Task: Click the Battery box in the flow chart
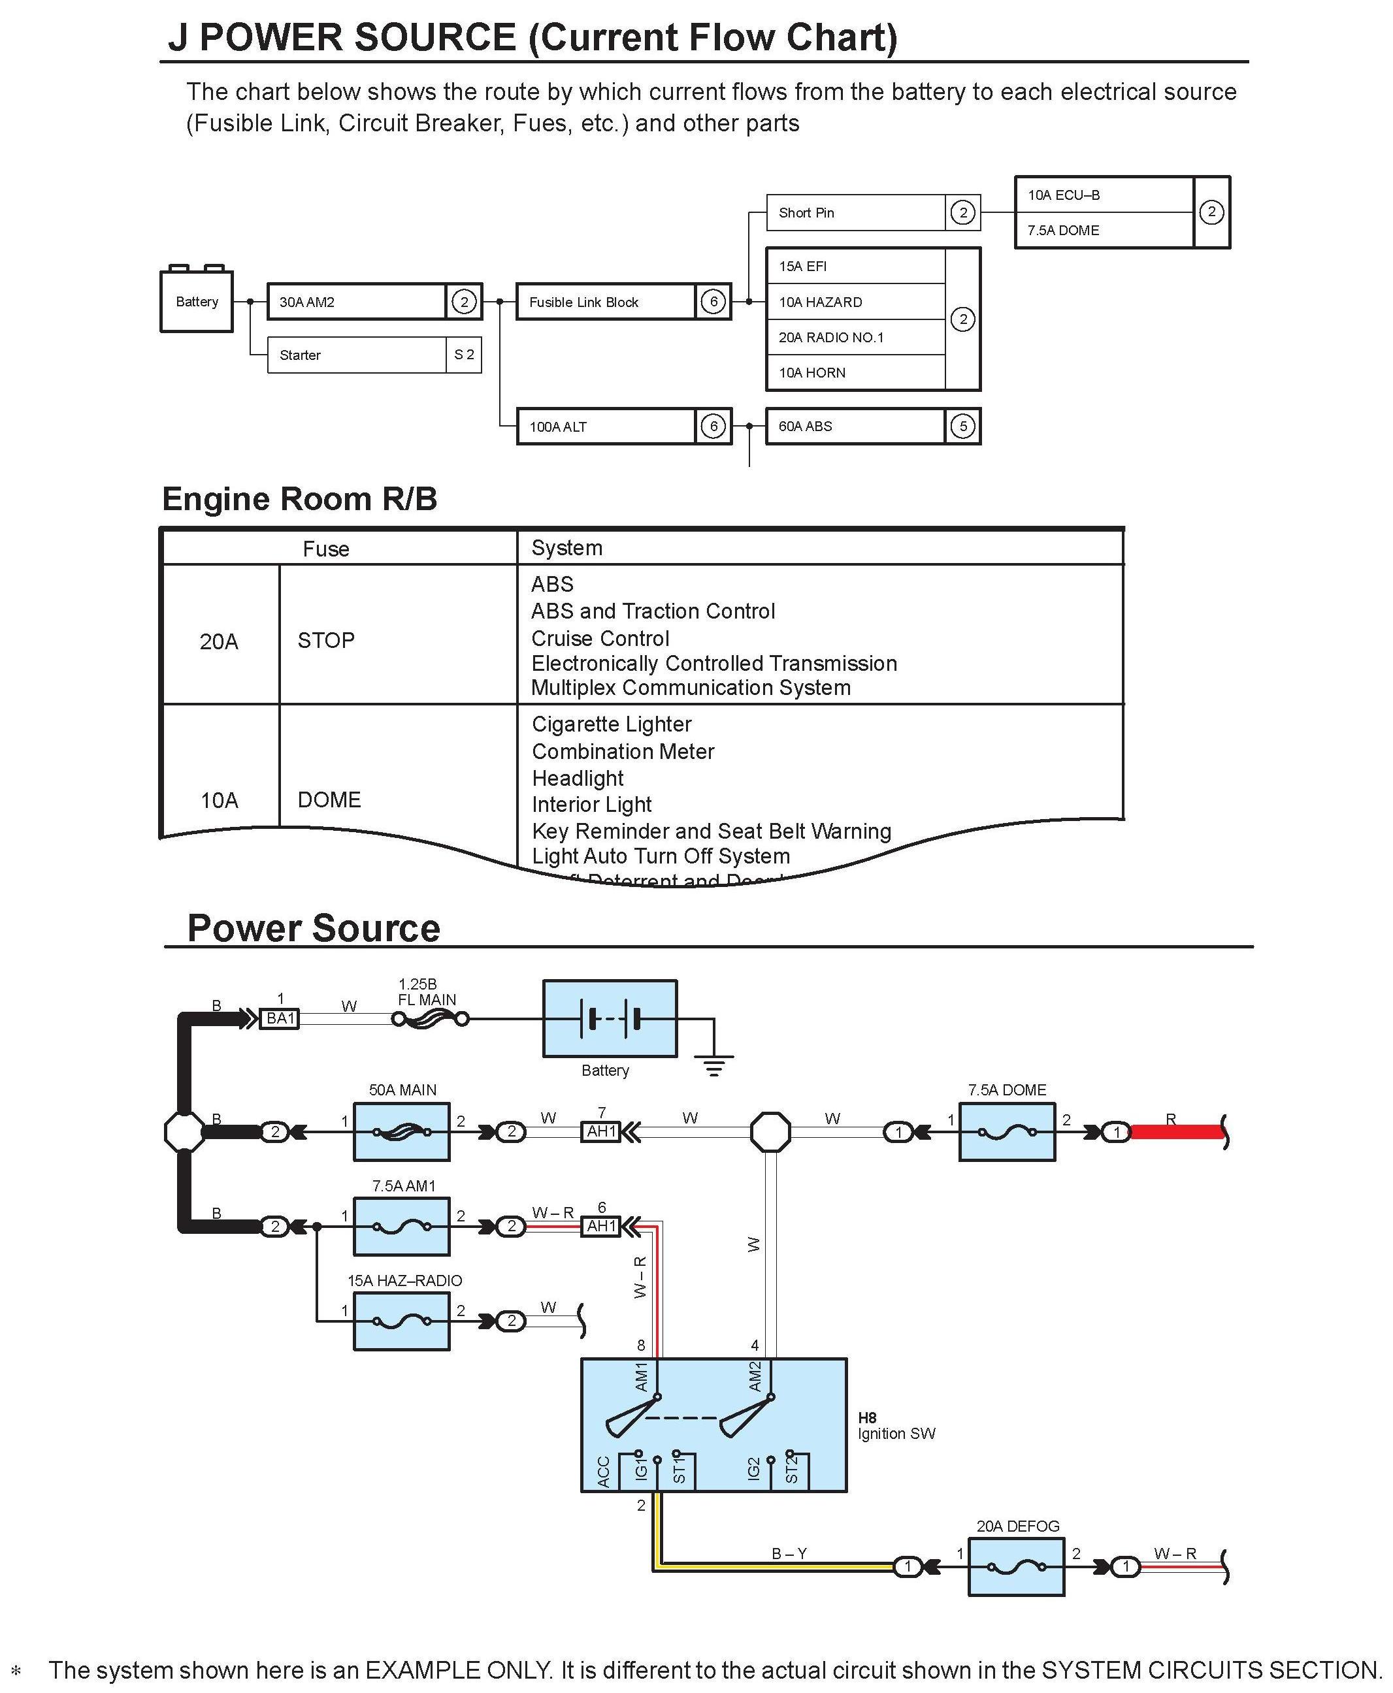(197, 302)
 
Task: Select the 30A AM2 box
(357, 302)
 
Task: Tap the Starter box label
(300, 355)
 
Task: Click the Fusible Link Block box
(606, 302)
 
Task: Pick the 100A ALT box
(606, 427)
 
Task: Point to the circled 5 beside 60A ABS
(963, 427)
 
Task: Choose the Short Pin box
(855, 212)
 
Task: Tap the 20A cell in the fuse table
(219, 641)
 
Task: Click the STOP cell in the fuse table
(326, 641)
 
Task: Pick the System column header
(566, 548)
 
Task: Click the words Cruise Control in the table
(600, 638)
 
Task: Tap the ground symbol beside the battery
(714, 1067)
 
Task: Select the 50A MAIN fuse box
(402, 1132)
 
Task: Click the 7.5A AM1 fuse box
(402, 1226)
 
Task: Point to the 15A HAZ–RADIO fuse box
(402, 1321)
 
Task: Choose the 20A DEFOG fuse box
(1017, 1566)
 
